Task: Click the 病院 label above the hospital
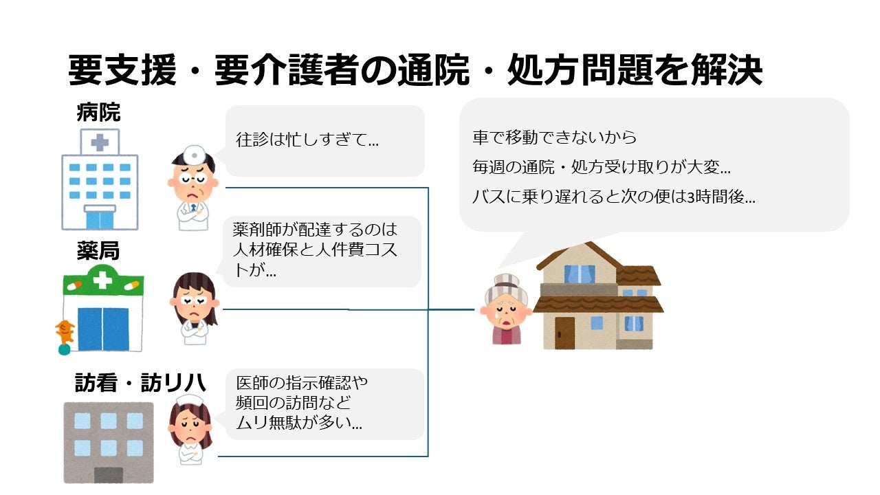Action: click(98, 113)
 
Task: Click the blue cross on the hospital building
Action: click(100, 143)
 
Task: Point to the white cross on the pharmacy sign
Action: click(102, 280)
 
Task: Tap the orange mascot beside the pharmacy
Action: click(65, 333)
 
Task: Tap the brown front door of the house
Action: click(564, 332)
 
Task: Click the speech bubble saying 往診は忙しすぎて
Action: click(324, 140)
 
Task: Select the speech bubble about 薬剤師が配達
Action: click(322, 250)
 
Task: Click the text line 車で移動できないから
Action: click(554, 137)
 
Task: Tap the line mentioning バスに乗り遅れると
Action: click(613, 197)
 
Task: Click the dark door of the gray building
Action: click(108, 475)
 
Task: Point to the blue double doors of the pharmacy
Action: click(102, 329)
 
